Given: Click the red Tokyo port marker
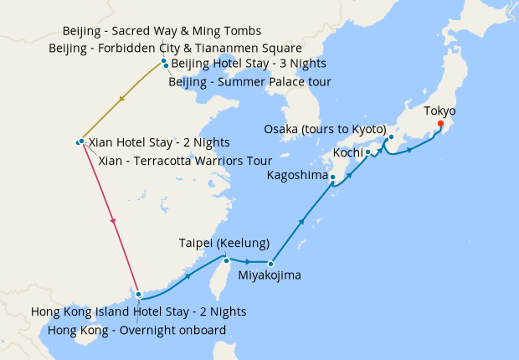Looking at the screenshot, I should tap(440, 125).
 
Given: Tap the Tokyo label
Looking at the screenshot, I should tap(439, 111).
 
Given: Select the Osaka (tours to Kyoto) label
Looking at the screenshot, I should tap(325, 130).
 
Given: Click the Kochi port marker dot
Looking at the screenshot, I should tap(367, 152).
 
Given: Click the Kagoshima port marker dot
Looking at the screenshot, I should tap(332, 177).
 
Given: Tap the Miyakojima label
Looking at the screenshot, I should tap(269, 275).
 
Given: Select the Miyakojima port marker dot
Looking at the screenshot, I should tap(270, 264).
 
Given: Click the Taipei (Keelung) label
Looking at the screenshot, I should tap(224, 244).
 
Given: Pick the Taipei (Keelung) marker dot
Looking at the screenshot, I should tap(226, 260).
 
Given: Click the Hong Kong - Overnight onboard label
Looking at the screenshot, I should tap(136, 329).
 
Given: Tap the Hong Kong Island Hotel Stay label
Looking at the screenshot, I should tap(138, 311).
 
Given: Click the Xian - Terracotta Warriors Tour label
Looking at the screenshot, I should tap(185, 160).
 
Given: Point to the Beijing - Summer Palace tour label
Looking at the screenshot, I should tap(249, 81).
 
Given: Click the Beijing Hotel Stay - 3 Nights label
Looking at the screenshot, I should tap(249, 64).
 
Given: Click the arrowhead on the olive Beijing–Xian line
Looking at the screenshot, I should tap(123, 99).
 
